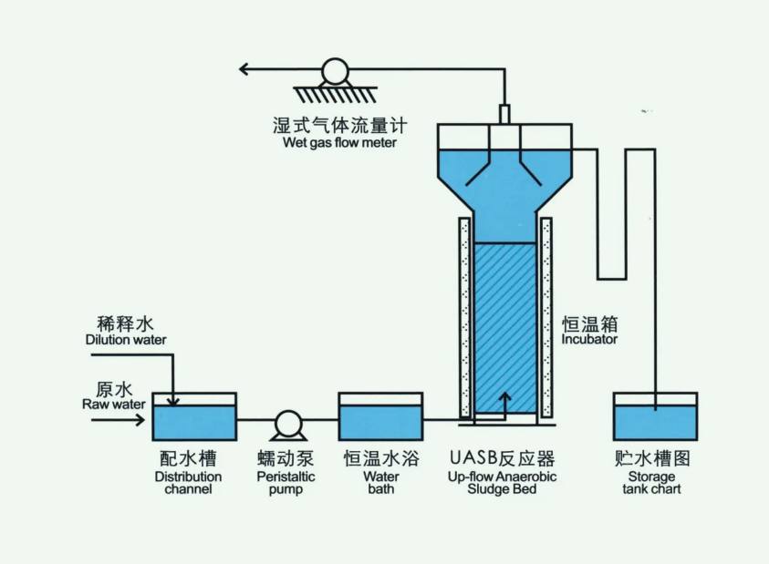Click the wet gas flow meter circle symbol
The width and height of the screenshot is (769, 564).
tap(335, 71)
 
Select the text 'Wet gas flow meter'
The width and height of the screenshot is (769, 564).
tap(335, 143)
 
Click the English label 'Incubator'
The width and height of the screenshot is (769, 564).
tap(589, 340)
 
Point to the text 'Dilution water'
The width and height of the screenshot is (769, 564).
tap(126, 340)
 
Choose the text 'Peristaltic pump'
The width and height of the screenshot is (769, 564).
tap(286, 483)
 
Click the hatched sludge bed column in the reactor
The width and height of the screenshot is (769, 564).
tap(504, 319)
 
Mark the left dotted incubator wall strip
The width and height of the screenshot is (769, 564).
tap(465, 319)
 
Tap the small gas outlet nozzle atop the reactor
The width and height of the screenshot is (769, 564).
tap(504, 114)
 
